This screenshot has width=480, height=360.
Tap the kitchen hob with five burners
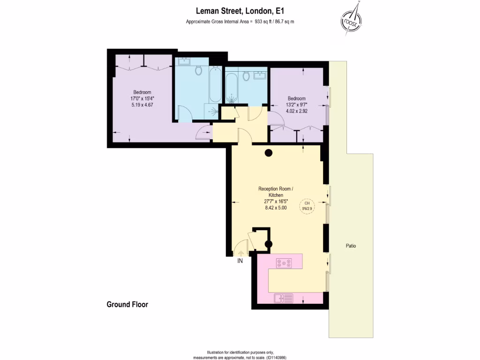click(x=284, y=263)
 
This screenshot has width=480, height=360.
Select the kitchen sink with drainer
click(x=284, y=298)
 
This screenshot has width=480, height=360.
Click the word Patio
click(x=351, y=246)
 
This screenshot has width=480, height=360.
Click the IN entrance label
click(x=240, y=261)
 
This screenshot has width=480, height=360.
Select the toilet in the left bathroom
click(x=198, y=71)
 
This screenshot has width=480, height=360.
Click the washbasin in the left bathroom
click(x=185, y=61)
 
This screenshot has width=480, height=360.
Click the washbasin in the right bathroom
click(x=259, y=74)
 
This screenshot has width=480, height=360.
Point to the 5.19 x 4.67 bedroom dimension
click(x=142, y=105)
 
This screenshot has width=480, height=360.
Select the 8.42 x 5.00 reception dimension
click(x=276, y=207)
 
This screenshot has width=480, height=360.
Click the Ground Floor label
click(x=127, y=304)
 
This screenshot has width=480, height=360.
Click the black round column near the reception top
click(x=269, y=152)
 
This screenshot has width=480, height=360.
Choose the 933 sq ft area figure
click(x=264, y=22)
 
